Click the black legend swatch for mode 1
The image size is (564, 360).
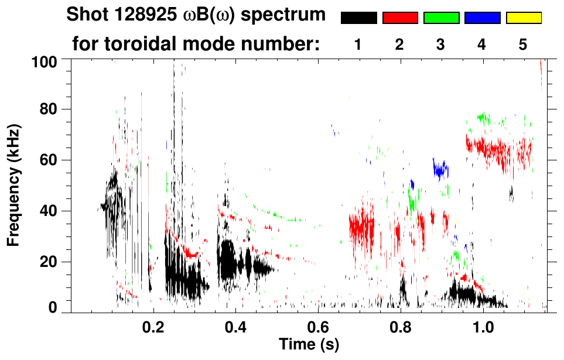(358, 18)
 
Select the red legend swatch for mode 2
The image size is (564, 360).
(400, 18)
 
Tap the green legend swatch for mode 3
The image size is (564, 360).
(441, 18)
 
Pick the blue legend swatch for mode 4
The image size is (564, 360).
(482, 18)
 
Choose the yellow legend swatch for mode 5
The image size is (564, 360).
(523, 18)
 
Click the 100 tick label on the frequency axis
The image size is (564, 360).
(44, 61)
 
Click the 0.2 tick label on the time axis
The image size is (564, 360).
(153, 325)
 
